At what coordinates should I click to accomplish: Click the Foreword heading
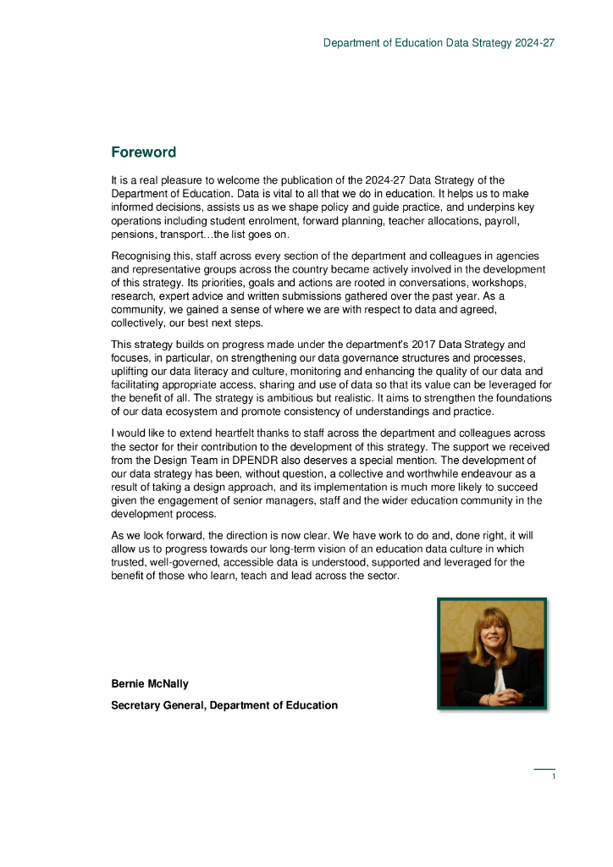point(143,152)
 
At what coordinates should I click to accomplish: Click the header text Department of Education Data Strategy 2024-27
point(439,42)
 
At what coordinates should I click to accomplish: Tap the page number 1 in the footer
point(553,776)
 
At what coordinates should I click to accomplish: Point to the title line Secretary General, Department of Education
point(224,705)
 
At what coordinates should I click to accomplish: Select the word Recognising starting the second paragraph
point(141,256)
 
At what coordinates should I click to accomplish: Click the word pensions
point(133,235)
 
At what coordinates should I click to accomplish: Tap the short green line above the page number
point(544,769)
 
